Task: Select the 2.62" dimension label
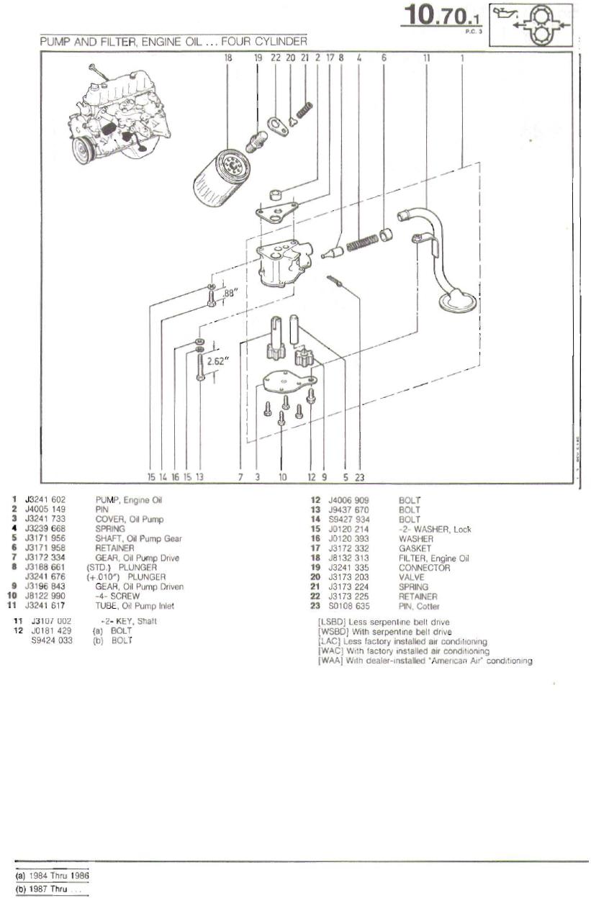[x=217, y=361]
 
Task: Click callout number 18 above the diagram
[x=228, y=57]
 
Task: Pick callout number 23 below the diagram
[x=359, y=476]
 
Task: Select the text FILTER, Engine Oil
[x=433, y=558]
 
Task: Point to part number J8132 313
[x=348, y=558]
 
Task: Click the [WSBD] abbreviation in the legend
[x=331, y=632]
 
